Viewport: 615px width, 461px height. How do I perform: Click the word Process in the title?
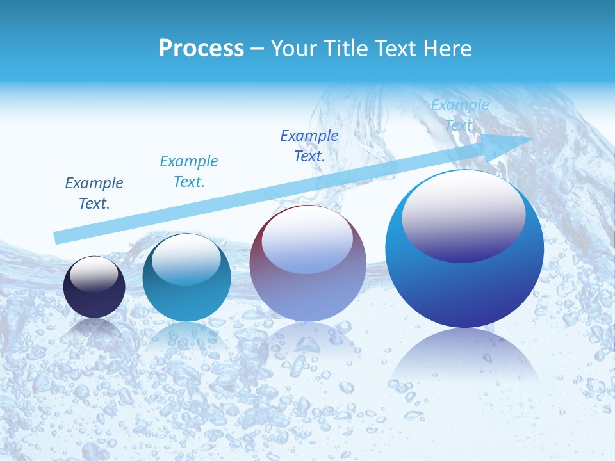pos(201,49)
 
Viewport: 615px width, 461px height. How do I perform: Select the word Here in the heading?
pos(447,49)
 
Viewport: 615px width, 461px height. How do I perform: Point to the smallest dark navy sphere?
pos(94,288)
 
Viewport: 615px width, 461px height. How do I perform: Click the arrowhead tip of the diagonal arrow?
pos(534,138)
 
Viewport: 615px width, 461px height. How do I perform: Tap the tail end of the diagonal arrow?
pos(56,238)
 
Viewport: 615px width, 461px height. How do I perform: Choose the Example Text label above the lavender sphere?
pos(309,146)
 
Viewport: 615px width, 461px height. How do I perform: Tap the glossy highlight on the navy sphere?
pos(94,274)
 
